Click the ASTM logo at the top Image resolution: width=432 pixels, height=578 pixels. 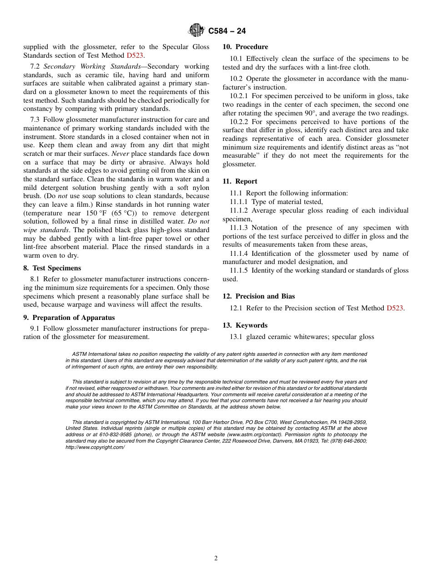(197, 30)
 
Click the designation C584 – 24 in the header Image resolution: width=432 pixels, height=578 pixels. (227, 31)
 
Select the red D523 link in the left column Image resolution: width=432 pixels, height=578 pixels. (135, 55)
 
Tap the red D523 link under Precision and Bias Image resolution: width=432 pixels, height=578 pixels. (395, 308)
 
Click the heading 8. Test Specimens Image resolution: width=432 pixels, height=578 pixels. (52, 268)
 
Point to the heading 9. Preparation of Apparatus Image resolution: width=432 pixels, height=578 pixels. (69, 318)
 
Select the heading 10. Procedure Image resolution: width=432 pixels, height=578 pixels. (245, 47)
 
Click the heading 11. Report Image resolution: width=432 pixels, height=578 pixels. (240, 181)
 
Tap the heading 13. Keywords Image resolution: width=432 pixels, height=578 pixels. (245, 325)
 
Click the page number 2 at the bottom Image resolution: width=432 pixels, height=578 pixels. (216, 558)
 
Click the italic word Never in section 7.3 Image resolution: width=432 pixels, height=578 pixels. (120, 154)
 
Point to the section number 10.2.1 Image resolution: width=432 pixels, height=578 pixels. (239, 96)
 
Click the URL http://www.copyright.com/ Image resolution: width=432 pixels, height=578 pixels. (95, 447)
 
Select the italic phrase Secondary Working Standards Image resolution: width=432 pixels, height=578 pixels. (92, 66)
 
